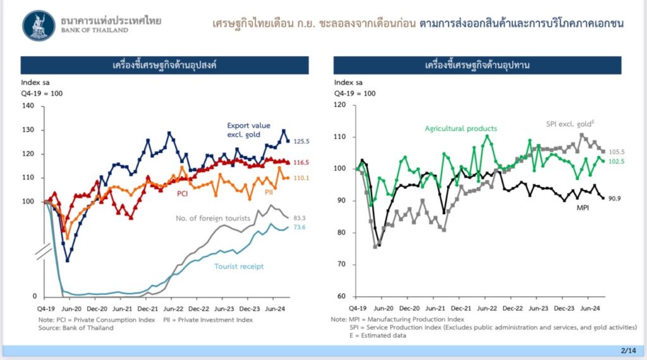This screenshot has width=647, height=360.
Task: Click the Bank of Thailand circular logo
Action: [39, 25]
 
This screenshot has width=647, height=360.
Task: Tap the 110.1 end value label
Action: [299, 179]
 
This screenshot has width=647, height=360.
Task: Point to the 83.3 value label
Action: [299, 218]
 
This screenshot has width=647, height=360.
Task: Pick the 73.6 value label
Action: [299, 227]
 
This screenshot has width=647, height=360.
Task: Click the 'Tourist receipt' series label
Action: [238, 266]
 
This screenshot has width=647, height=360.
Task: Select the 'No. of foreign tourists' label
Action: [212, 219]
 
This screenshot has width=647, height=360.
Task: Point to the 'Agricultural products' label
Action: [461, 128]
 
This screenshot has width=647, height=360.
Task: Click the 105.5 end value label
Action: [616, 152]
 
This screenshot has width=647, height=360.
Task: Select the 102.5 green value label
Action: [616, 162]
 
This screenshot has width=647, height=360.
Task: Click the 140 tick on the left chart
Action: [28, 106]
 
